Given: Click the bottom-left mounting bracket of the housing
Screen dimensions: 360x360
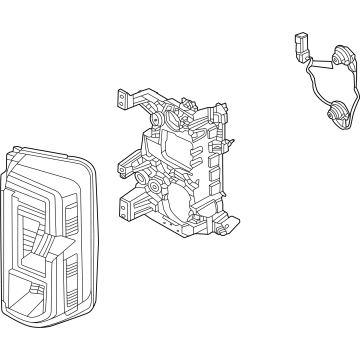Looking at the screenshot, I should [124, 207].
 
